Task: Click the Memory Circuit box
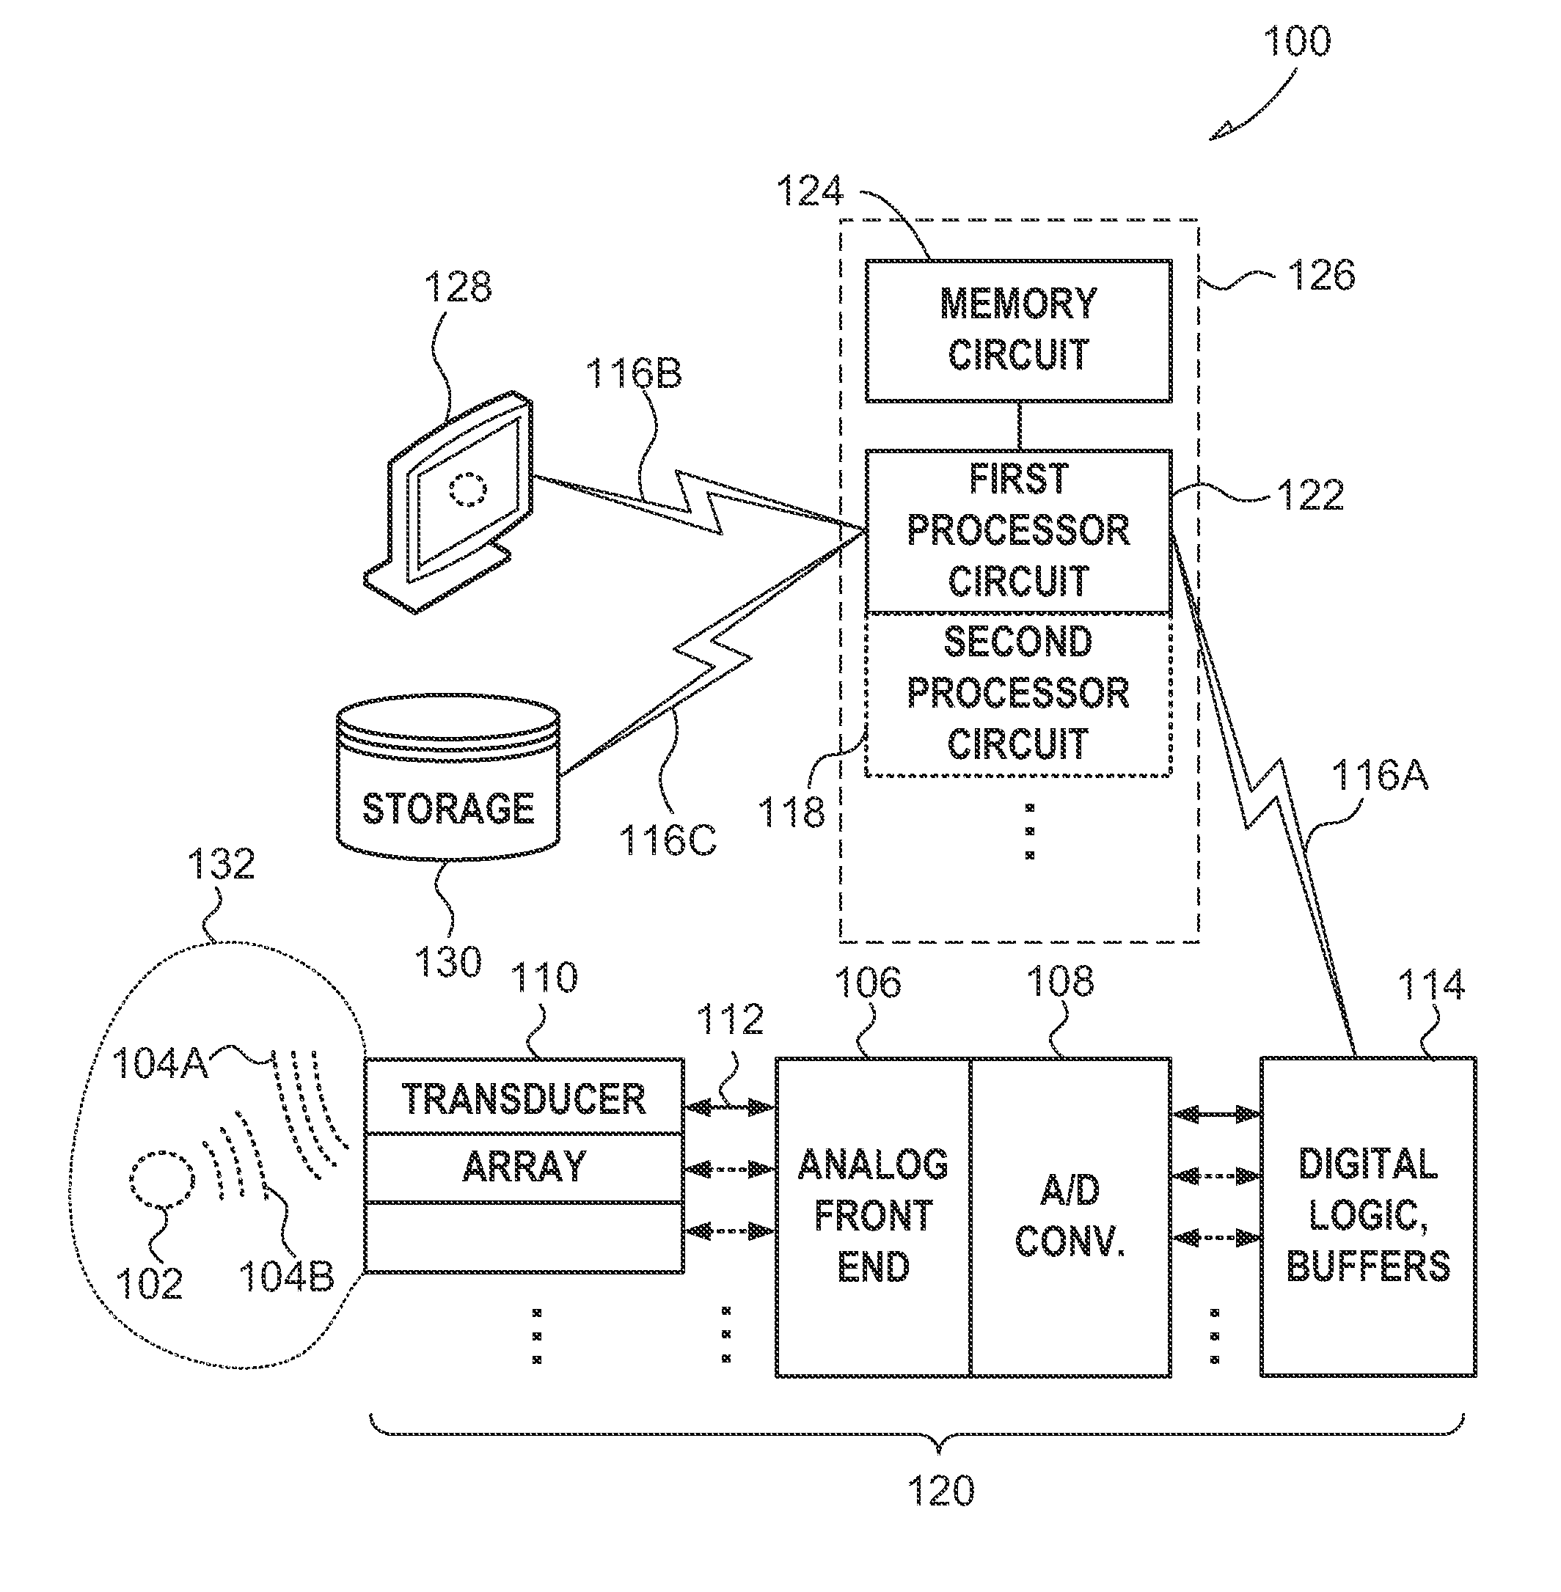1018,331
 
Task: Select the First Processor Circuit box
1018,530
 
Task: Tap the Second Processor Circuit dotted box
1018,694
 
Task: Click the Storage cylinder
448,779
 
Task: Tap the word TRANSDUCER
524,1098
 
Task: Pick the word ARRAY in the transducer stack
524,1167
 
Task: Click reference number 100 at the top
1296,41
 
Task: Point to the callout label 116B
633,373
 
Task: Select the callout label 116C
668,840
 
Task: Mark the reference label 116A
1379,774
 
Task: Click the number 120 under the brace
940,1490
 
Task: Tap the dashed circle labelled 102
161,1180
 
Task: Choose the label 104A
159,1063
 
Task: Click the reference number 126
1321,275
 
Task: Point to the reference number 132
221,864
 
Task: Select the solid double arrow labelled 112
729,1108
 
